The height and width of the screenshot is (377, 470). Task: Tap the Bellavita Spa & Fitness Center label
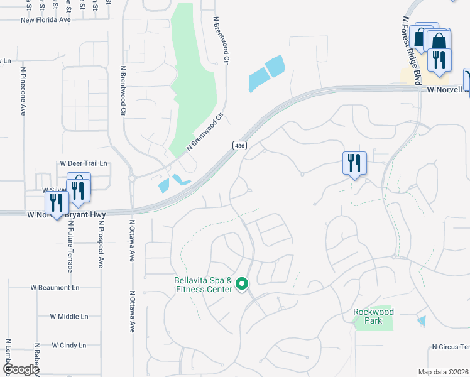pyautogui.click(x=203, y=285)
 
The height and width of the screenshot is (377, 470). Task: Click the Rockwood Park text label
pyautogui.click(x=373, y=316)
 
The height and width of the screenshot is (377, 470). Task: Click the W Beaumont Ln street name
pyautogui.click(x=55, y=287)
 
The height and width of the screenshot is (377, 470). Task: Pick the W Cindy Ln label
pyautogui.click(x=68, y=345)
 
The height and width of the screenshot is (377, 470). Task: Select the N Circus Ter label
pyautogui.click(x=450, y=347)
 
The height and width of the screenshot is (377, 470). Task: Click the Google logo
pyautogui.click(x=21, y=369)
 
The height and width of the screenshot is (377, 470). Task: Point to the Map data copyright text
pyautogui.click(x=443, y=372)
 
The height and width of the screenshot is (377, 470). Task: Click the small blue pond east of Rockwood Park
pyautogui.click(x=420, y=320)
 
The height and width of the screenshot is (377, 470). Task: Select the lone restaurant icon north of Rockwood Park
pyautogui.click(x=354, y=163)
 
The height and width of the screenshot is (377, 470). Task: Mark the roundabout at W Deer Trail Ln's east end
pyautogui.click(x=132, y=178)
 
